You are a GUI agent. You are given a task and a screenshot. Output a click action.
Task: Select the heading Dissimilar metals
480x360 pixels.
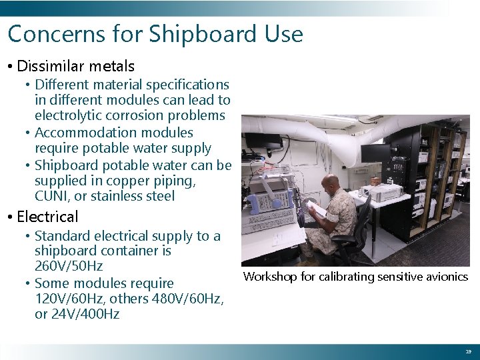(x=75, y=66)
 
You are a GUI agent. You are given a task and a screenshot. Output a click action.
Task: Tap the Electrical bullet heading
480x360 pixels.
(x=47, y=217)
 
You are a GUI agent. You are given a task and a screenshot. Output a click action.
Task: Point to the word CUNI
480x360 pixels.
(x=53, y=196)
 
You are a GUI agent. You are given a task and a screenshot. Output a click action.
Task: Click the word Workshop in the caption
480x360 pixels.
(x=270, y=277)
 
